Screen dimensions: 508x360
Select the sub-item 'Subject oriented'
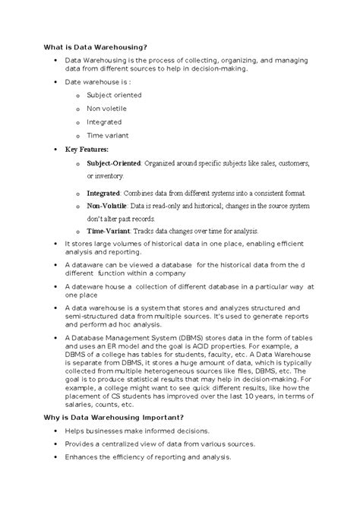pos(113,95)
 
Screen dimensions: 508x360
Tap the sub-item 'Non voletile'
pos(106,109)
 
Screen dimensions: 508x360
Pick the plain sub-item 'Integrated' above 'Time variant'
pos(104,121)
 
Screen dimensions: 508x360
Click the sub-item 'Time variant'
pos(107,135)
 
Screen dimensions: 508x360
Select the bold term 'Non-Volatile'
pos(106,205)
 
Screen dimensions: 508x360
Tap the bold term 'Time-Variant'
pos(107,230)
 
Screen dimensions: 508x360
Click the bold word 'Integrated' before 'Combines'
pos(103,193)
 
